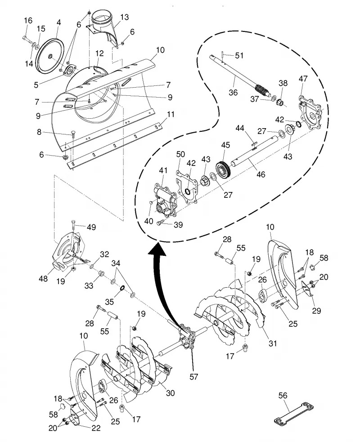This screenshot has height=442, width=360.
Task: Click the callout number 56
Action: (x=283, y=396)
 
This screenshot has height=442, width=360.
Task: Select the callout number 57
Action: (x=193, y=377)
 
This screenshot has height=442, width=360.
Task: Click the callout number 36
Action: (x=233, y=93)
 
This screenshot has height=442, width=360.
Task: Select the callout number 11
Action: (x=171, y=115)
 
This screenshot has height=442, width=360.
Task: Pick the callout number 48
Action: (x=43, y=278)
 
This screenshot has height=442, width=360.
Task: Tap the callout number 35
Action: (x=109, y=302)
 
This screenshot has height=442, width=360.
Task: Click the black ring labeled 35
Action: (x=122, y=289)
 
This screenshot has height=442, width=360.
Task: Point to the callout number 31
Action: (x=273, y=344)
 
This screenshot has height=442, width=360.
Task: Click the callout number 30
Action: (x=170, y=393)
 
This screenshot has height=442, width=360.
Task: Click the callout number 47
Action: (x=303, y=79)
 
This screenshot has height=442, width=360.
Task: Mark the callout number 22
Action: (x=96, y=428)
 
